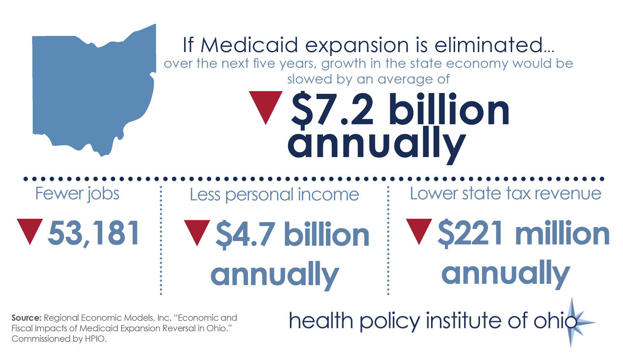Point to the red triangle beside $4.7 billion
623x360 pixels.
197,230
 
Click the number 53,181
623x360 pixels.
93,234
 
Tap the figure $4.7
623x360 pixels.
245,235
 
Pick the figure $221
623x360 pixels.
470,234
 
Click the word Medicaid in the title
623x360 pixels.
250,45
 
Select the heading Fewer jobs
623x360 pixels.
77,194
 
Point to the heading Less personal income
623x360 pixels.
274,195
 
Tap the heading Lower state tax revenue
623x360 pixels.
505,193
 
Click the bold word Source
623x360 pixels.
26,318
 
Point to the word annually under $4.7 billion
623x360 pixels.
275,274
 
